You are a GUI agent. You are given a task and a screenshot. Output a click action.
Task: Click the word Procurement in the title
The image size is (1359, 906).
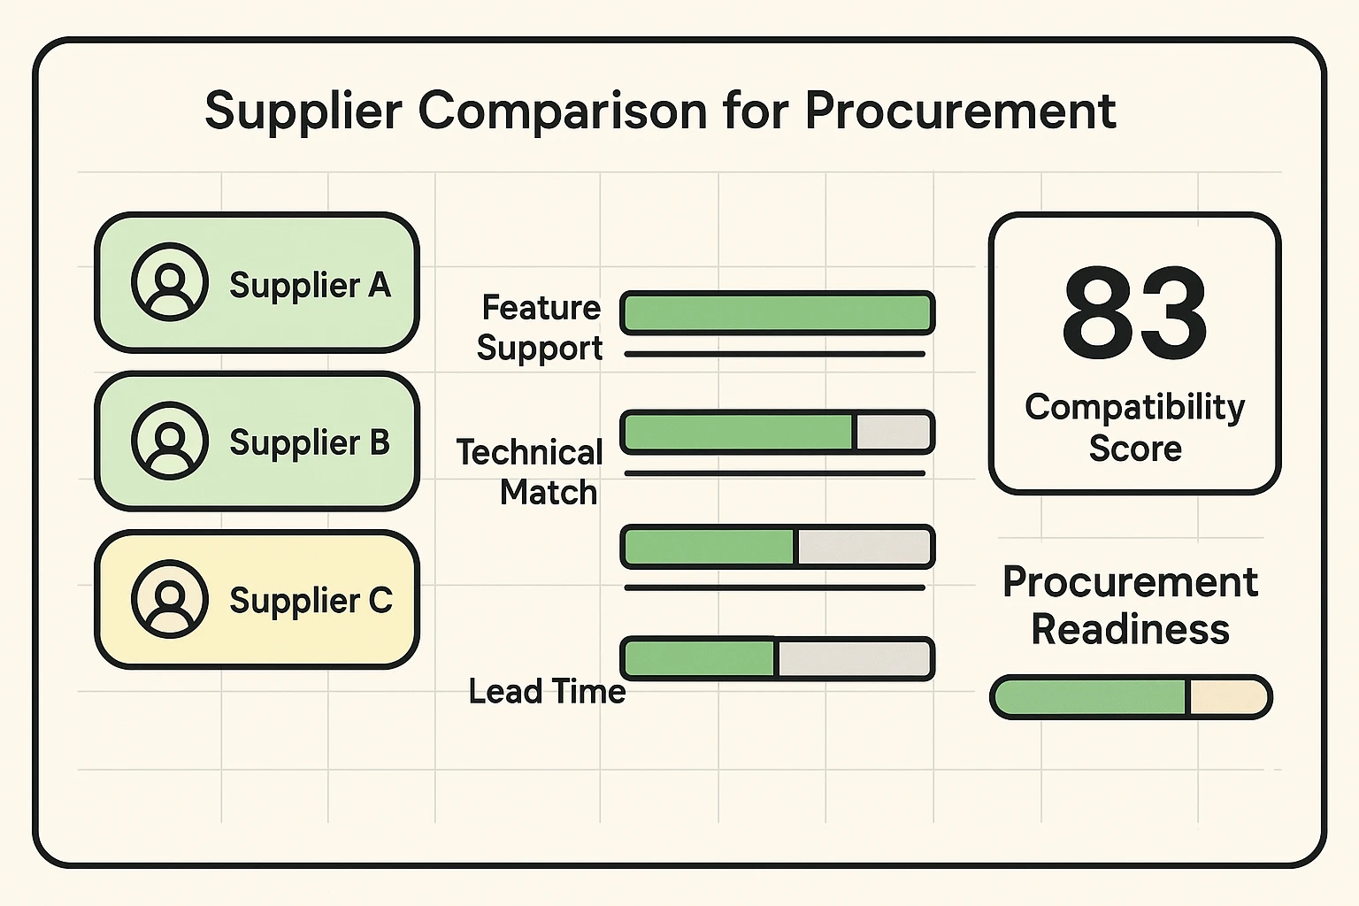click(x=960, y=111)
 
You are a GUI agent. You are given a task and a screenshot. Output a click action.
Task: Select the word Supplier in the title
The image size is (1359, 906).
click(x=303, y=111)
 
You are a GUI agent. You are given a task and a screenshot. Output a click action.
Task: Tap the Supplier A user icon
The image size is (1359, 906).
click(x=170, y=281)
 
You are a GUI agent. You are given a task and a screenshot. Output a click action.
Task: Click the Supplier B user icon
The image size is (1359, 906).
click(x=170, y=441)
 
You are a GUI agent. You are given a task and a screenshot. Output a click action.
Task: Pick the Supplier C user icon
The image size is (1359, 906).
click(x=170, y=599)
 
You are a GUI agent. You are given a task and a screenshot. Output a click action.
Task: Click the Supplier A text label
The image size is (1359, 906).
click(x=310, y=285)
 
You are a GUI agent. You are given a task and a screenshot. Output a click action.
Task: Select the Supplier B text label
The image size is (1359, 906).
click(x=310, y=442)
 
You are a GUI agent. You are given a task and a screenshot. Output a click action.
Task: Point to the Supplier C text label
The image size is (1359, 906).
click(x=311, y=600)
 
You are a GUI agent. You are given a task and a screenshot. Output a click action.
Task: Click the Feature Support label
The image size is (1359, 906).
click(x=540, y=327)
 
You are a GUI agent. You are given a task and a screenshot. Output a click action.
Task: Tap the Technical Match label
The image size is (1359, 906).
click(x=530, y=472)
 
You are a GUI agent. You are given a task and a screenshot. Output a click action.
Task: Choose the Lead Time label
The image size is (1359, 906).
click(x=547, y=691)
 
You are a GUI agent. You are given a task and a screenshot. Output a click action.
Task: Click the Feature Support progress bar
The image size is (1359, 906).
click(x=777, y=313)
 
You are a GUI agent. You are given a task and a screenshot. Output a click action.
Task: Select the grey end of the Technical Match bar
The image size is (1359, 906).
click(x=893, y=433)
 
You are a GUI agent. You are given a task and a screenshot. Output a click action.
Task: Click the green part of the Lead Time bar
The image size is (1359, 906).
click(x=699, y=658)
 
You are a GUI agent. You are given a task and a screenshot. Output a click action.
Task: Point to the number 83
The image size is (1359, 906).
click(x=1134, y=313)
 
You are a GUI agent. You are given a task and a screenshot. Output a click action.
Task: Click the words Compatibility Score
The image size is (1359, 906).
click(x=1134, y=427)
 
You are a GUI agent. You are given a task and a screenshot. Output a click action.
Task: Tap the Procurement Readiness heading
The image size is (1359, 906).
click(x=1130, y=605)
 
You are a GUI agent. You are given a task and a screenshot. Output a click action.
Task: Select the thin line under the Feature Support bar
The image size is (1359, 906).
click(x=774, y=354)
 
